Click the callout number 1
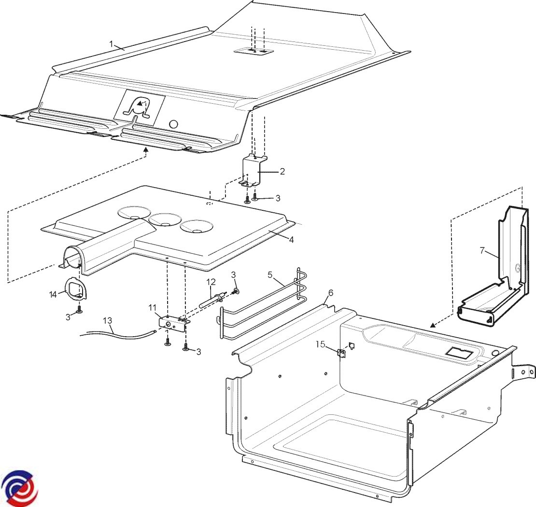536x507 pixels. point(111,44)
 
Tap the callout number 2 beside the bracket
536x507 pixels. point(282,171)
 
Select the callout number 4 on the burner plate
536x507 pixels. point(291,240)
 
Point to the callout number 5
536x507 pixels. point(270,274)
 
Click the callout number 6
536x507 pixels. point(330,293)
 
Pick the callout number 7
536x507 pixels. point(482,251)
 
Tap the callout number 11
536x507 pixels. point(153,308)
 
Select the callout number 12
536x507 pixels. point(211,282)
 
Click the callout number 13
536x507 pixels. point(107,321)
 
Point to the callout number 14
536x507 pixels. point(53,294)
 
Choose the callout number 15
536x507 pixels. point(320,344)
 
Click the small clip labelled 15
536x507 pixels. point(341,353)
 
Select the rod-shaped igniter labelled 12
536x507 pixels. point(212,298)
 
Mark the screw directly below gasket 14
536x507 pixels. point(80,310)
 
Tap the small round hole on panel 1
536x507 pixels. point(174,123)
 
